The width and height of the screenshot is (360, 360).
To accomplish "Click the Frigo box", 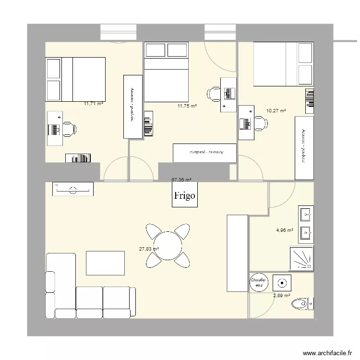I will (x=185, y=196).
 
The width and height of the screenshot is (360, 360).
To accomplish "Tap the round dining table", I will (x=168, y=245).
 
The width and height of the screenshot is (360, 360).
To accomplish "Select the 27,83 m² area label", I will (x=149, y=249).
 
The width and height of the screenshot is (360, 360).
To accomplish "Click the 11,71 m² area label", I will (x=94, y=103).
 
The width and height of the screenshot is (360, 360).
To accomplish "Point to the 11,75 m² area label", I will (x=187, y=106).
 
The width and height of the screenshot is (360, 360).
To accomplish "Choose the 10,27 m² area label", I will (x=276, y=110).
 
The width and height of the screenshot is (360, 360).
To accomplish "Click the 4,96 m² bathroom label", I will (x=284, y=230).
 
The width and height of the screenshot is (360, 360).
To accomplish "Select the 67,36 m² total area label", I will (x=181, y=180).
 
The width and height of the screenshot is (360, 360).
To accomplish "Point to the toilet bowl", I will (x=300, y=303).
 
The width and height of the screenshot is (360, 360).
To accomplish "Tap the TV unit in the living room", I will (x=73, y=190).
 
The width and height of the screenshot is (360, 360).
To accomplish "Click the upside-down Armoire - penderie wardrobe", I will (x=204, y=153).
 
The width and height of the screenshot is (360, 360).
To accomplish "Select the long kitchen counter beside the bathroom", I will (x=237, y=252).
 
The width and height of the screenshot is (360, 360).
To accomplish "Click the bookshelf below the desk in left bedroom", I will (x=78, y=158).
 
